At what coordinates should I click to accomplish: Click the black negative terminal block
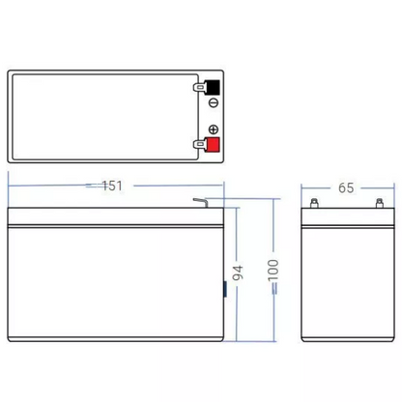point(213,85)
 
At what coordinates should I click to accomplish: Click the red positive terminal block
point(213,146)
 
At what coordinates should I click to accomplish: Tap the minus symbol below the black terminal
point(214,103)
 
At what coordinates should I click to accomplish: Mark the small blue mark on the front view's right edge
point(226,287)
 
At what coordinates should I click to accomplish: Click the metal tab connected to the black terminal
point(198,85)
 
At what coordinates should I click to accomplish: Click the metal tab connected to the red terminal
point(198,146)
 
